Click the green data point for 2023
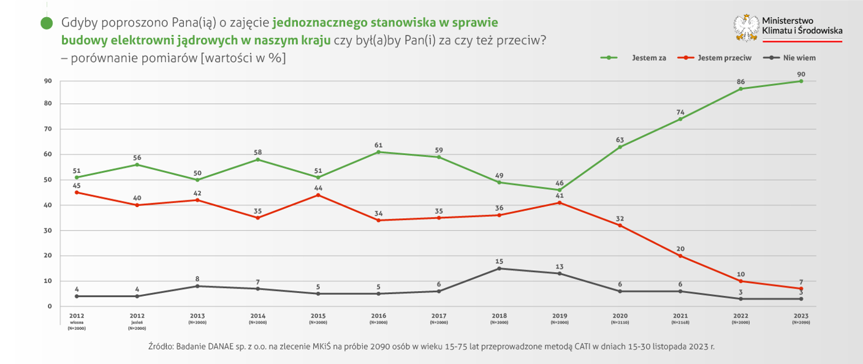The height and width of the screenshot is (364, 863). (800, 81)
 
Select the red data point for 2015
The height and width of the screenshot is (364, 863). (317, 195)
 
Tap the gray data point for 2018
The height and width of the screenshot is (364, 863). (499, 268)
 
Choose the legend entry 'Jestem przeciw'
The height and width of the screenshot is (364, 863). (724, 58)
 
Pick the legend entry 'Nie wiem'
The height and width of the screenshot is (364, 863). (799, 58)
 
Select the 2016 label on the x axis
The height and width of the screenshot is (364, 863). (378, 316)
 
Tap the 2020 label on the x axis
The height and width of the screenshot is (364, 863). (619, 316)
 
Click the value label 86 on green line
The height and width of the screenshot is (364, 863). (740, 82)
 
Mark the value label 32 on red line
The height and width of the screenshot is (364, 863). (620, 218)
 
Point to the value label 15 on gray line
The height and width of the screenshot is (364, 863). (499, 261)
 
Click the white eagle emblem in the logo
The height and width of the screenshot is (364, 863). (746, 28)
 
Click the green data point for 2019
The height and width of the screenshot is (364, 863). (559, 190)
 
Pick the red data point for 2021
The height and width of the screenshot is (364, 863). (680, 256)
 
